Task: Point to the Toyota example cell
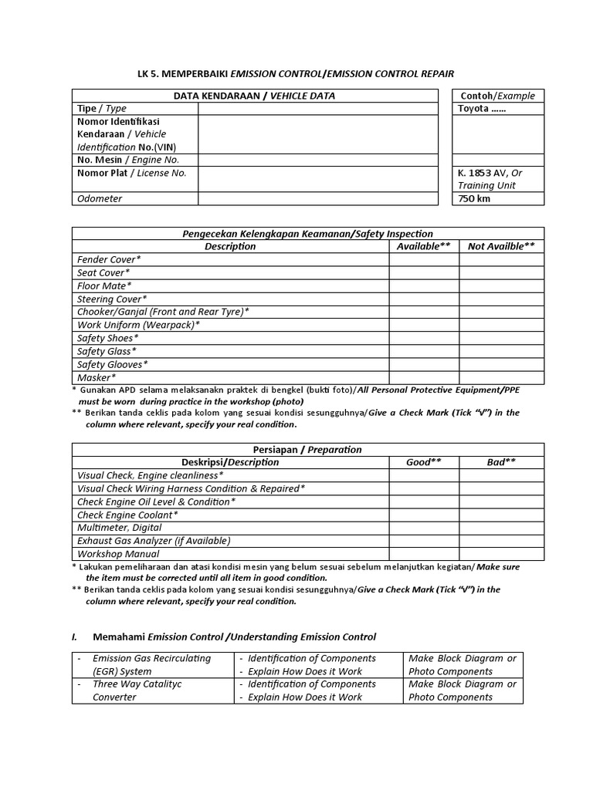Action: point(497,109)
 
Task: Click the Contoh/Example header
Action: point(497,96)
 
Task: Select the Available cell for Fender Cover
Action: point(424,259)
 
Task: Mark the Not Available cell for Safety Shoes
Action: point(501,338)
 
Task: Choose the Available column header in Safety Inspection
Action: point(424,246)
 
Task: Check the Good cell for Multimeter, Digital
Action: point(424,528)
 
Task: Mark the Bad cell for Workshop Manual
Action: point(501,554)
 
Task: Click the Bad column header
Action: point(501,462)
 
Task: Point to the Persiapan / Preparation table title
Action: point(307,449)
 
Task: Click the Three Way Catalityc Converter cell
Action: point(153,690)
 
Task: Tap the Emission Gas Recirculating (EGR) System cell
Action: point(153,664)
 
